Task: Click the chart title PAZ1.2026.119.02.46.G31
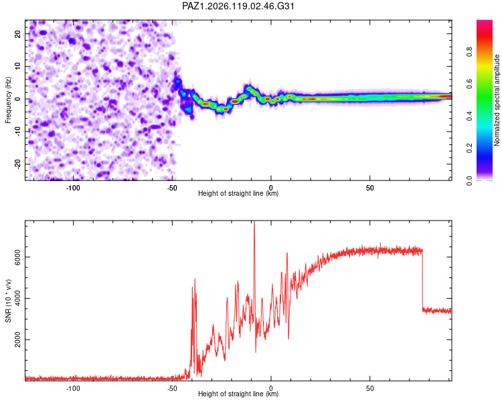click(238, 6)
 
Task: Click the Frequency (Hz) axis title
click(8, 100)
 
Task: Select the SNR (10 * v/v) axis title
click(8, 301)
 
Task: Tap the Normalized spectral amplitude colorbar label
click(497, 100)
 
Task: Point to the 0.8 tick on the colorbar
click(469, 51)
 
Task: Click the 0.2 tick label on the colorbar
click(469, 148)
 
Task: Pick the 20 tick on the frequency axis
click(18, 34)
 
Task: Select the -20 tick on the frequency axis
click(18, 164)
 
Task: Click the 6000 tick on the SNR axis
click(18, 257)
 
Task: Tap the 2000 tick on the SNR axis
click(18, 340)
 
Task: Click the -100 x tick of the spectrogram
click(73, 188)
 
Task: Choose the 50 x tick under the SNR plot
click(369, 388)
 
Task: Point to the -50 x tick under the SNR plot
click(172, 388)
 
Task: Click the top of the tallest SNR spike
click(254, 221)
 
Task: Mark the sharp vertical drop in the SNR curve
click(422, 279)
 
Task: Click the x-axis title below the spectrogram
click(238, 193)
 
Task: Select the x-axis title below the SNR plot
click(238, 394)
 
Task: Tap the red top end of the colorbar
click(485, 22)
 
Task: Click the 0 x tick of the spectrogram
click(271, 188)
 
